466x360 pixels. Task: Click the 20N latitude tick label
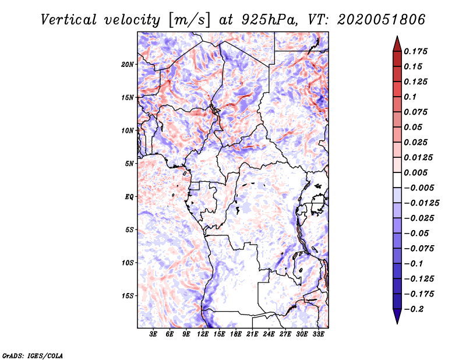pyautogui.click(x=128, y=64)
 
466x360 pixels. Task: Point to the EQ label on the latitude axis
pyautogui.click(x=129, y=196)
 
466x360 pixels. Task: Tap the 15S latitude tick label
pyautogui.click(x=128, y=295)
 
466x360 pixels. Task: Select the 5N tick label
pyautogui.click(x=129, y=163)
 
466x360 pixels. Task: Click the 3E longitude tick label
pyautogui.click(x=153, y=334)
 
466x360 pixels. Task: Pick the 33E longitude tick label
pyautogui.click(x=318, y=334)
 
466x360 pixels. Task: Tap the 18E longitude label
pyautogui.click(x=236, y=334)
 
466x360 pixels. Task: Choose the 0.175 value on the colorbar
pyautogui.click(x=416, y=51)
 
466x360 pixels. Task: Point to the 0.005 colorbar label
pyautogui.click(x=416, y=172)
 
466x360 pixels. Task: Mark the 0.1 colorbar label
pyautogui.click(x=411, y=97)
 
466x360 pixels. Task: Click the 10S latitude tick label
pyautogui.click(x=128, y=262)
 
